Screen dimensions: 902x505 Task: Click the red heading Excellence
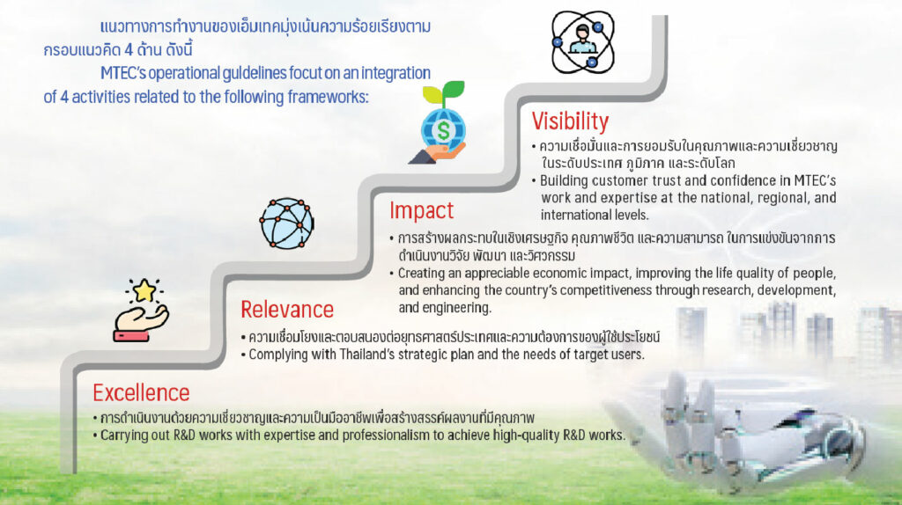pyautogui.click(x=141, y=393)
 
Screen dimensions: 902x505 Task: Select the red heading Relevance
pyautogui.click(x=287, y=310)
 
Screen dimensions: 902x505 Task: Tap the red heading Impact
pyautogui.click(x=422, y=211)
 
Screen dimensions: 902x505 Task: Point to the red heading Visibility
pyautogui.click(x=570, y=121)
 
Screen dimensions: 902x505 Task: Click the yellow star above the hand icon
pyautogui.click(x=144, y=290)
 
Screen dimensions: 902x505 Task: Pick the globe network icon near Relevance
pyautogui.click(x=287, y=223)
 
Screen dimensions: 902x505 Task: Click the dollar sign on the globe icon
pyautogui.click(x=443, y=130)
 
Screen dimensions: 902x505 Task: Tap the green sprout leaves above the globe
pyautogui.click(x=444, y=91)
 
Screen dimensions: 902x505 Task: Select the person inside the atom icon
pyautogui.click(x=583, y=40)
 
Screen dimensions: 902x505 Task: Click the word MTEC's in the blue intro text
pyautogui.click(x=124, y=74)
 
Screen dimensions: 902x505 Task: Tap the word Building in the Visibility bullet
pyautogui.click(x=564, y=181)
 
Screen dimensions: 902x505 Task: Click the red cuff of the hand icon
pyautogui.click(x=131, y=336)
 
